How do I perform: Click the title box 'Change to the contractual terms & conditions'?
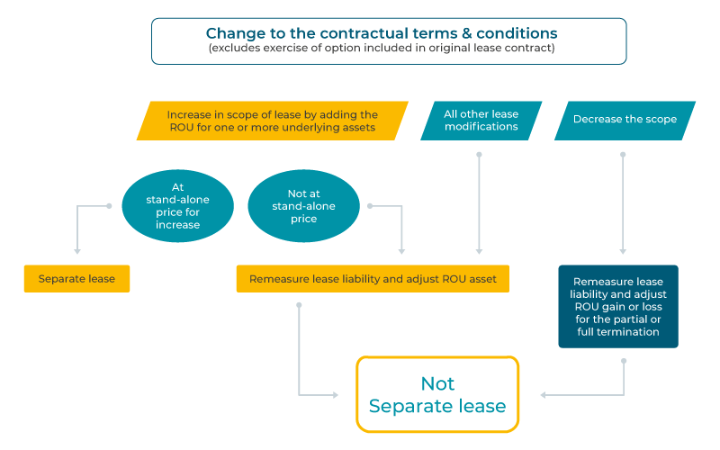(388, 40)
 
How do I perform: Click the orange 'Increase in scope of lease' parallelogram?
(272, 121)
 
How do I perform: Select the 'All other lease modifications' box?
(481, 121)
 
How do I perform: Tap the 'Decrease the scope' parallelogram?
(625, 120)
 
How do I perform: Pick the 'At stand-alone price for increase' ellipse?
(177, 206)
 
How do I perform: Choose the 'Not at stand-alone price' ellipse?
(303, 206)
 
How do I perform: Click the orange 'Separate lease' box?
(76, 279)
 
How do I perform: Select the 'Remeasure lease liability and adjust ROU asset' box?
(373, 279)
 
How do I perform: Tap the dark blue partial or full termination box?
(617, 306)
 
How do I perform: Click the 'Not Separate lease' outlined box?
(437, 395)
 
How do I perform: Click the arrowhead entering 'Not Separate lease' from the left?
(335, 395)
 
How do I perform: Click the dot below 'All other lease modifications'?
(479, 155)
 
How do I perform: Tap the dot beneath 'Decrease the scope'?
(623, 155)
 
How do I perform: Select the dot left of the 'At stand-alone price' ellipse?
(110, 206)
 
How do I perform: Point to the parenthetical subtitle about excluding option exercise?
(388, 49)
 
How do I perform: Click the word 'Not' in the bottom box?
(437, 383)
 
